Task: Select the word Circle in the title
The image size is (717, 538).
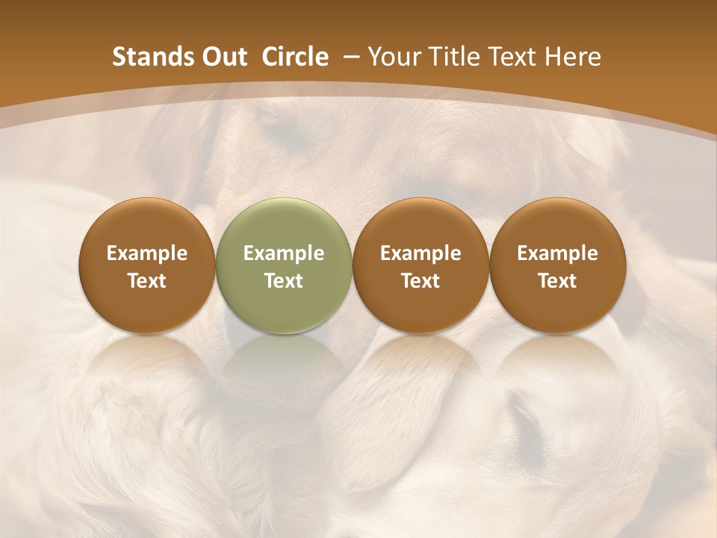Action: (295, 57)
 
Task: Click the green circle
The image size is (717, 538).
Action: (283, 265)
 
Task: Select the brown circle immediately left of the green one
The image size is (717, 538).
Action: (146, 265)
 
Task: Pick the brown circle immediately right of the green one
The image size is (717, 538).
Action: (420, 265)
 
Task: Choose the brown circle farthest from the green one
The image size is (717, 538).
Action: (557, 265)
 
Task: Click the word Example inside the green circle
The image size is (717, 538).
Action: (284, 253)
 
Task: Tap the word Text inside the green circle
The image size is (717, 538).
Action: (284, 281)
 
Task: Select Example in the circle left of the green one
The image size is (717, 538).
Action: (147, 253)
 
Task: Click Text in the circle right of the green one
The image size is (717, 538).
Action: (420, 281)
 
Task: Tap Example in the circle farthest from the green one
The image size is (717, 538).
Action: (557, 253)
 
